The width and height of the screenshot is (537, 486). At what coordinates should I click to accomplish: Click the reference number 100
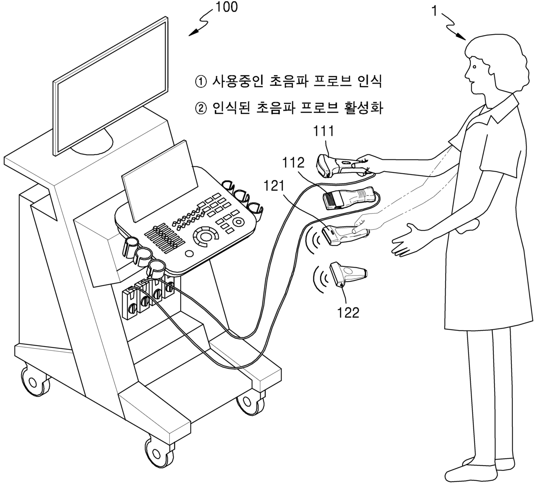click(227, 7)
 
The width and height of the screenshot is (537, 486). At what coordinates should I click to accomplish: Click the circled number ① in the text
click(201, 81)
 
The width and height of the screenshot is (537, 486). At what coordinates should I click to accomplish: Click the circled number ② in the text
click(201, 107)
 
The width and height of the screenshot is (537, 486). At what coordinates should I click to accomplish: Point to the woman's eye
click(475, 67)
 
